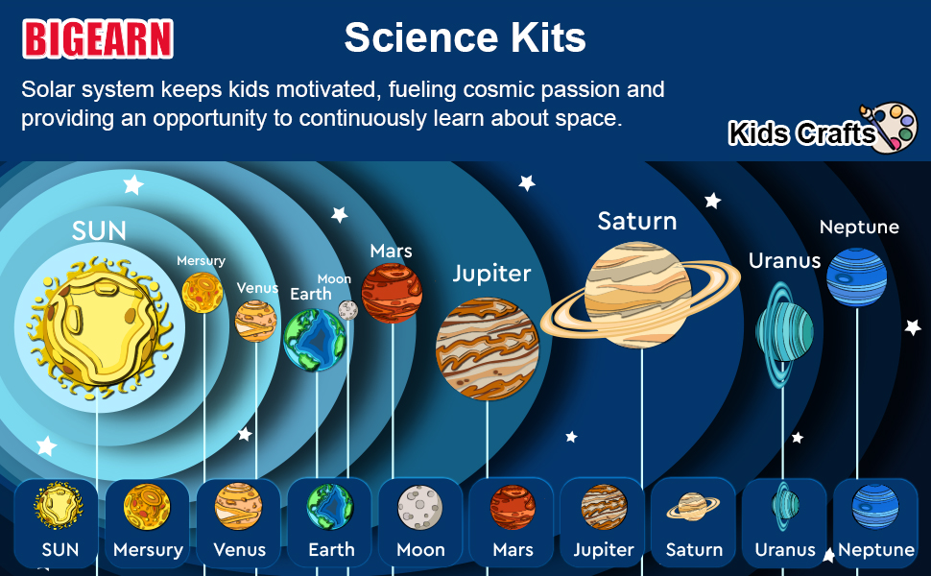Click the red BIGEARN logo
click(x=98, y=39)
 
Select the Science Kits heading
click(x=465, y=37)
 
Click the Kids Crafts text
click(x=801, y=133)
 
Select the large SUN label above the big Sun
click(x=99, y=230)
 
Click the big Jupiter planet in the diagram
click(x=488, y=349)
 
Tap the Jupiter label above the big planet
click(x=491, y=274)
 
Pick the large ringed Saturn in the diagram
click(x=639, y=296)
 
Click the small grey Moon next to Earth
click(x=347, y=309)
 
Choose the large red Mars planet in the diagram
click(x=392, y=293)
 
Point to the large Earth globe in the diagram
click(x=315, y=339)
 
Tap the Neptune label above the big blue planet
click(x=859, y=228)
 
